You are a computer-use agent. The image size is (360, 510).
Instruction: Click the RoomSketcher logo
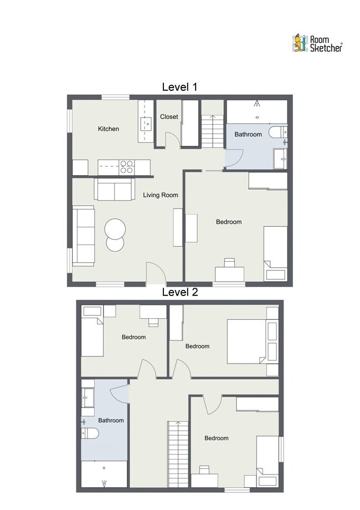[317, 44]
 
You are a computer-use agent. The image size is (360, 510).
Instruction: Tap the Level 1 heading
[179, 87]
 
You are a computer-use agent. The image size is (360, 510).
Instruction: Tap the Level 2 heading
[180, 292]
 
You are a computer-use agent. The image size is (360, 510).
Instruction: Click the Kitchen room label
[109, 129]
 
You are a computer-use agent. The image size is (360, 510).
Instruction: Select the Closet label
[169, 116]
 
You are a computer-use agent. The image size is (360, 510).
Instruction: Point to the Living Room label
[161, 195]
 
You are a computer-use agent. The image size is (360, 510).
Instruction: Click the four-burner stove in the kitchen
[127, 167]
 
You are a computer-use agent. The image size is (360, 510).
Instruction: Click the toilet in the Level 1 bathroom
[278, 132]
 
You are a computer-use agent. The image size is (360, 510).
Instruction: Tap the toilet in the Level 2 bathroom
[90, 433]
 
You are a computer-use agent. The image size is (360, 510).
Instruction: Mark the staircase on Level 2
[178, 454]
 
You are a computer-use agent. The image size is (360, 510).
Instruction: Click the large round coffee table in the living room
[115, 229]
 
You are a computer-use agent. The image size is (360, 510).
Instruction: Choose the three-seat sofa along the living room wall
[84, 236]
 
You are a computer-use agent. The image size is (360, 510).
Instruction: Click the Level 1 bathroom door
[234, 159]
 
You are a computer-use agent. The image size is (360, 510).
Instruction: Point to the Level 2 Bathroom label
[111, 420]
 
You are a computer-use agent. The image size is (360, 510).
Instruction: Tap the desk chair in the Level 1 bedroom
[229, 262]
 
